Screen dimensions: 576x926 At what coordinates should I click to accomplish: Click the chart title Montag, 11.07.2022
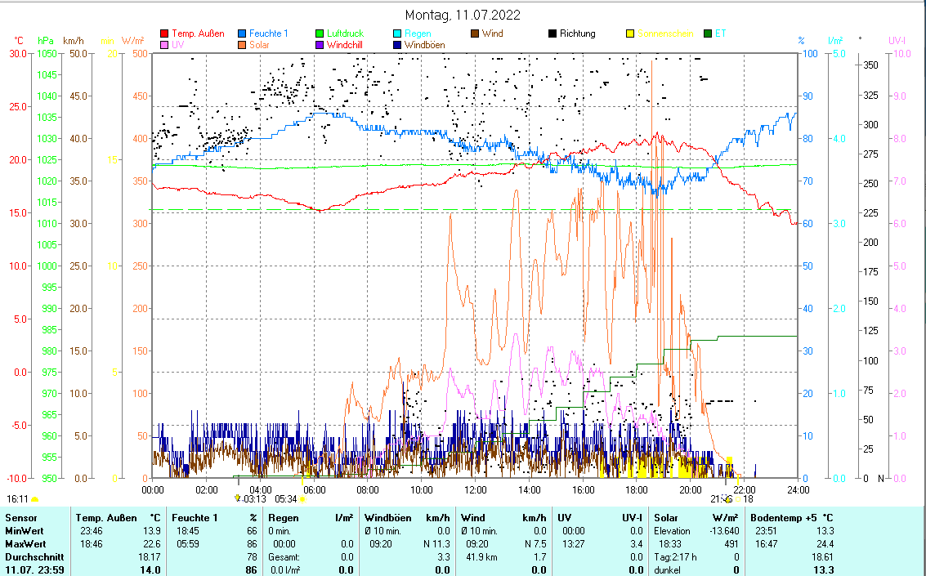[463, 15]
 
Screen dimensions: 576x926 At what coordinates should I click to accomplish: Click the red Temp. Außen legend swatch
[165, 33]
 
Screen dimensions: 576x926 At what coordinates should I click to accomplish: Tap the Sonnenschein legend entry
[665, 33]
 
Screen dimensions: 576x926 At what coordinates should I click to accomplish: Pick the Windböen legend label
[424, 46]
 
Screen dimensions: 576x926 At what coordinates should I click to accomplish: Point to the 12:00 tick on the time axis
[475, 489]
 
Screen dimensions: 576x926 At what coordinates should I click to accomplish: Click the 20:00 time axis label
[691, 489]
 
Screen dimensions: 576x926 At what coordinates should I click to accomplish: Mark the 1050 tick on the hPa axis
[46, 54]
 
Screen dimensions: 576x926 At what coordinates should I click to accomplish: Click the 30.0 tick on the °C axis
[17, 54]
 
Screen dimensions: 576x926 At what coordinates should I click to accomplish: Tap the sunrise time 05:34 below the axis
[286, 498]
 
